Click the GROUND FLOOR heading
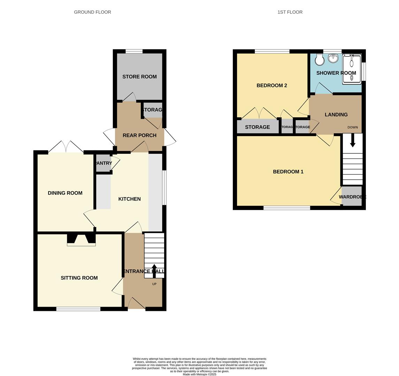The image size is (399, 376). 92,12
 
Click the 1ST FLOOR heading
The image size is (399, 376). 290,12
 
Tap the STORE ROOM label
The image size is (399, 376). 139,77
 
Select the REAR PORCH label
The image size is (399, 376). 139,135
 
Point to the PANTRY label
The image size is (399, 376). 103,163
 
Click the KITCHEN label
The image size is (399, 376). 129,199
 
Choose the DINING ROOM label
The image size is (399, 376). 65,193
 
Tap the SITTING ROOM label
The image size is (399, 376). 79,278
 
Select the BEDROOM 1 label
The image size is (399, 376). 288,172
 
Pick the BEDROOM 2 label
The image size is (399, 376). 272,85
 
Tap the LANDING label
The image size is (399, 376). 336,115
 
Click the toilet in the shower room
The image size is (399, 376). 320,60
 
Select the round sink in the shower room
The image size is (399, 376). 333,58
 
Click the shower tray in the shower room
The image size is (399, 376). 352,69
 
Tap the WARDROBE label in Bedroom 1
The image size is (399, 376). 352,197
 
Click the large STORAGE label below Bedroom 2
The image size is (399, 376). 257,127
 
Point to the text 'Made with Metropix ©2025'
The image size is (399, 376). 199,374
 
